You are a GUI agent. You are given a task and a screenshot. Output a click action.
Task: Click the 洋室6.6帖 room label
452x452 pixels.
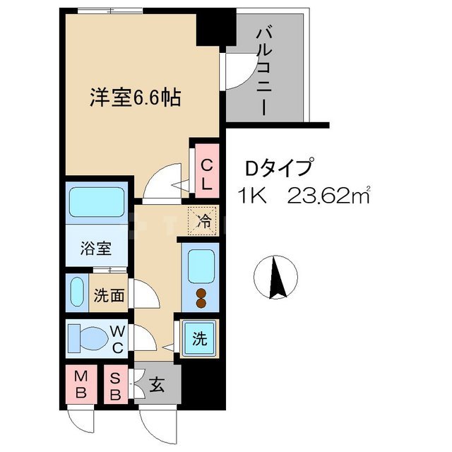tap(135, 97)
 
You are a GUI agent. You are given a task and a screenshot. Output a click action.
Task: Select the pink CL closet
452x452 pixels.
tap(206, 174)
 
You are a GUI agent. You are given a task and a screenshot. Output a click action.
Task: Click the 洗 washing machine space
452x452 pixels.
tap(200, 338)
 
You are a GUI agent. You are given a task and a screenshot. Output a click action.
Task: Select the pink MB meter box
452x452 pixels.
tap(81, 385)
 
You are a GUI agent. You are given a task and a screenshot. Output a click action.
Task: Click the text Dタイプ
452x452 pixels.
tap(279, 168)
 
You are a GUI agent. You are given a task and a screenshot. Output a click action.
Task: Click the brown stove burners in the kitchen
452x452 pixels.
tap(200, 299)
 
